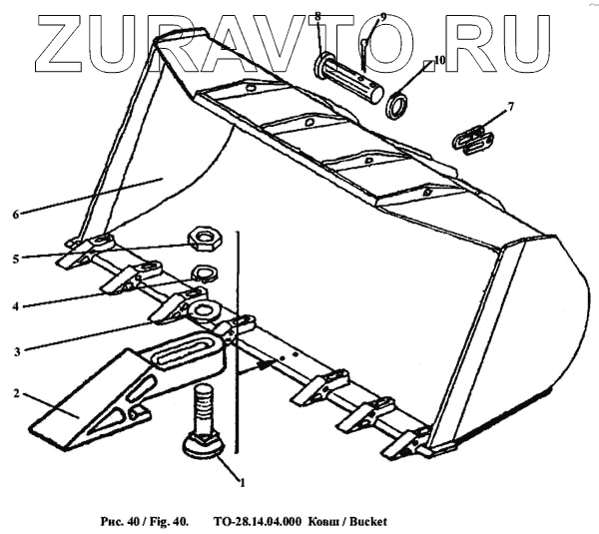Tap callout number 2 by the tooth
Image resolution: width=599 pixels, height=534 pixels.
coord(18,393)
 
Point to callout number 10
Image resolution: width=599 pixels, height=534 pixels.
coord(439,60)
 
